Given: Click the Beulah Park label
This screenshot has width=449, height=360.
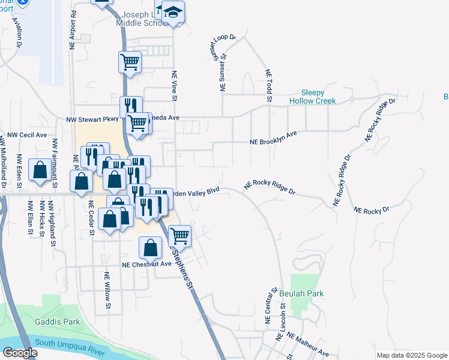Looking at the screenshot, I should pyautogui.click(x=301, y=294).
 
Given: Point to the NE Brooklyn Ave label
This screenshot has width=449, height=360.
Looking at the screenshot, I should pyautogui.click(x=274, y=138).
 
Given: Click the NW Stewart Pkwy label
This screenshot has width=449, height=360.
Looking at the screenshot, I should pyautogui.click(x=92, y=120).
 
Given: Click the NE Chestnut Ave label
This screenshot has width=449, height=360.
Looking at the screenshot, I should pyautogui.click(x=147, y=264).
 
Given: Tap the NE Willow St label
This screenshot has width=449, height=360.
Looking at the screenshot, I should pyautogui.click(x=107, y=291).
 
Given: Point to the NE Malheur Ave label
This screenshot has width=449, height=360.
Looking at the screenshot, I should pyautogui.click(x=307, y=344).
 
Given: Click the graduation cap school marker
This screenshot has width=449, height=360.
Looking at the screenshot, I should pyautogui.click(x=173, y=12).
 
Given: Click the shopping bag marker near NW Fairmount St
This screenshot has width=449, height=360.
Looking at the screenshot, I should pyautogui.click(x=40, y=170).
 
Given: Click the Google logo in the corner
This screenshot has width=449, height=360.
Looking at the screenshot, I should pyautogui.click(x=20, y=353).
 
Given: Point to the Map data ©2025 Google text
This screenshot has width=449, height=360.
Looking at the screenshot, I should pyautogui.click(x=412, y=355).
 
